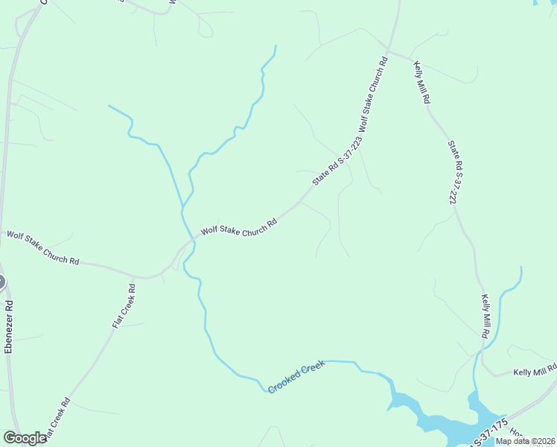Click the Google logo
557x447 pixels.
coord(25,438)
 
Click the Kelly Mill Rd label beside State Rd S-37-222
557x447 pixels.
coord(421,83)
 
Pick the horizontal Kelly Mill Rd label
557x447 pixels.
coord(535,371)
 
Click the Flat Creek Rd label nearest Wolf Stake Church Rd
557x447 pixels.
coord(124,306)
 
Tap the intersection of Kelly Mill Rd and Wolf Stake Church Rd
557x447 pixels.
coord(389,51)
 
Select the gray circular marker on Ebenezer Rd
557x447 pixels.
coord(1,282)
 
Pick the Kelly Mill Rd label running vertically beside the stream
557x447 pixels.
coord(484,317)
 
